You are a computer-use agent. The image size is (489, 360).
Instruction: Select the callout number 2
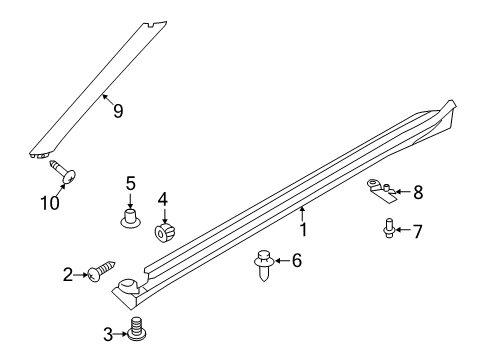click(x=67, y=274)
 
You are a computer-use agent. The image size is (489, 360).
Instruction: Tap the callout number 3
click(x=108, y=333)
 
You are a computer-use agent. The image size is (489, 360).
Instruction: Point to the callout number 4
click(x=163, y=199)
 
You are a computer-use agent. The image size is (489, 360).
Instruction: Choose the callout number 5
click(x=130, y=183)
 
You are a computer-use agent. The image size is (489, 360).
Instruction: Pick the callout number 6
click(x=295, y=262)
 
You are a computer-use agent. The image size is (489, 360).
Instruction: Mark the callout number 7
click(x=417, y=232)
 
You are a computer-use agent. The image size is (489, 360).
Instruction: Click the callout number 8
click(x=418, y=192)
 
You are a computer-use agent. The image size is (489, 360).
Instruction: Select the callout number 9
click(x=117, y=111)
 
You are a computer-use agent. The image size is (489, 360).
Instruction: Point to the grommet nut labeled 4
click(x=163, y=234)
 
